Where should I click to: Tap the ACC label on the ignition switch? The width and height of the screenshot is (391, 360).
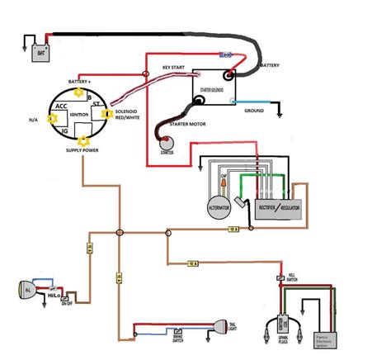pyautogui.click(x=62, y=107)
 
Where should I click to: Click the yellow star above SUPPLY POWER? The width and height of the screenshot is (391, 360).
pyautogui.click(x=83, y=140)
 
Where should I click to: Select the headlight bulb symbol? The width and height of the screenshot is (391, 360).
pyautogui.click(x=26, y=291)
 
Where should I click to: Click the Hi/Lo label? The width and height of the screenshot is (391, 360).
pyautogui.click(x=54, y=295)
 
